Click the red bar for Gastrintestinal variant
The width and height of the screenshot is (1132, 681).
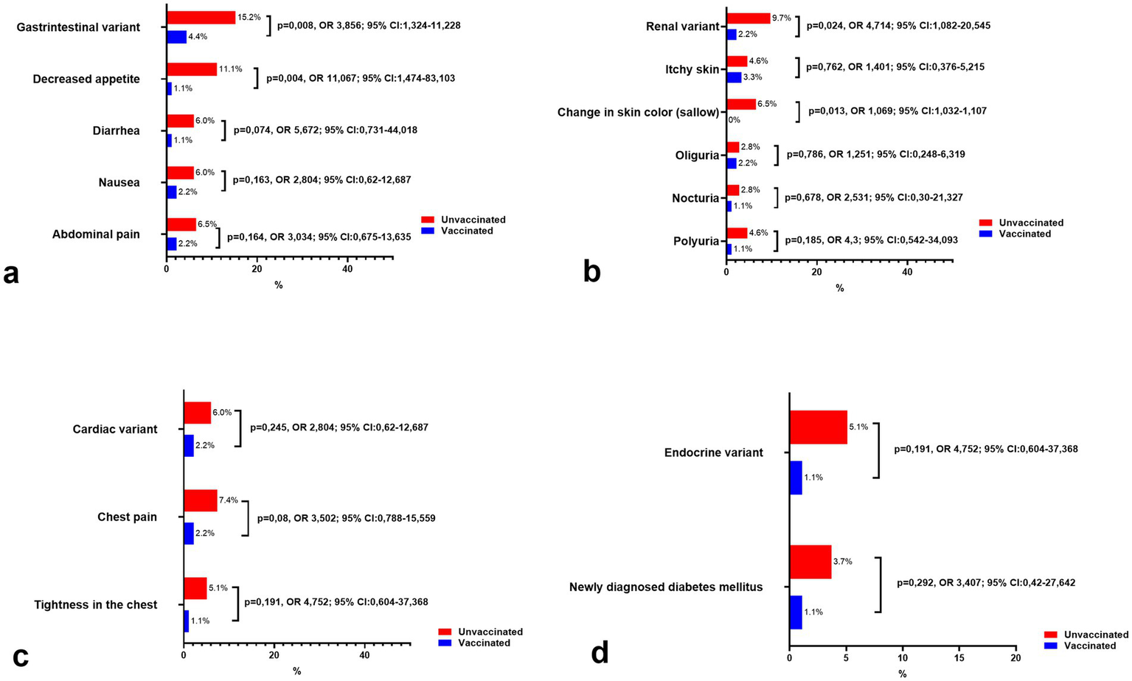click(x=201, y=18)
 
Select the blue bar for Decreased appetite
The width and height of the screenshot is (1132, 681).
click(x=169, y=88)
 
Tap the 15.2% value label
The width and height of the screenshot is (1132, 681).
click(x=249, y=17)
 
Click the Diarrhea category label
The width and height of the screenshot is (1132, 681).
click(x=116, y=131)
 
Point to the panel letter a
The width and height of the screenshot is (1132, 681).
click(x=11, y=274)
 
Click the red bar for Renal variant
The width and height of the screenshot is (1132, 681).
click(x=748, y=18)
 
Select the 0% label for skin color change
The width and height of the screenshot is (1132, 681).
click(x=735, y=119)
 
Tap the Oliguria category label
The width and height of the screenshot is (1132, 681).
click(x=697, y=156)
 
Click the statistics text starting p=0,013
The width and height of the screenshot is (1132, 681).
click(x=897, y=111)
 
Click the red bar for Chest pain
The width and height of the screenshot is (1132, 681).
click(x=200, y=500)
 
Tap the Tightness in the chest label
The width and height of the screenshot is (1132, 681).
click(x=96, y=605)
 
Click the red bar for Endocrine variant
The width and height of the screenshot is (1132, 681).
click(x=818, y=427)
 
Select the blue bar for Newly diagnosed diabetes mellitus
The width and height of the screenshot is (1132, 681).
click(x=795, y=612)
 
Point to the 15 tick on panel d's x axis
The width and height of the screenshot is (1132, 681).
click(x=959, y=657)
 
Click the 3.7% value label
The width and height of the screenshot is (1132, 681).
click(x=842, y=562)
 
